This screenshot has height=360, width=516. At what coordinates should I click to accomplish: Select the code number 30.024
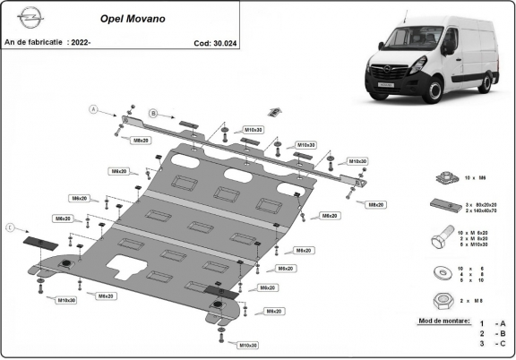[215, 42]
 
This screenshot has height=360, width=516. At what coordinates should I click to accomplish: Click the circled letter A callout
[91, 109]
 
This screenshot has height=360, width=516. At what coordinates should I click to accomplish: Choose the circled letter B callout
[153, 113]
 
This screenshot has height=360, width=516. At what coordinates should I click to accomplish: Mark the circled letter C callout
[11, 228]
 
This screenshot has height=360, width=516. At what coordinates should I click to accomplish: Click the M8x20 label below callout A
[141, 141]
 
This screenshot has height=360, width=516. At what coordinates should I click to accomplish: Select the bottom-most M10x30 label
[248, 345]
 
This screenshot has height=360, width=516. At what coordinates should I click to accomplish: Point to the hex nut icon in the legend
[441, 299]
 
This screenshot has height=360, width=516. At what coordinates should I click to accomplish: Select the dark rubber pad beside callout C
[39, 243]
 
